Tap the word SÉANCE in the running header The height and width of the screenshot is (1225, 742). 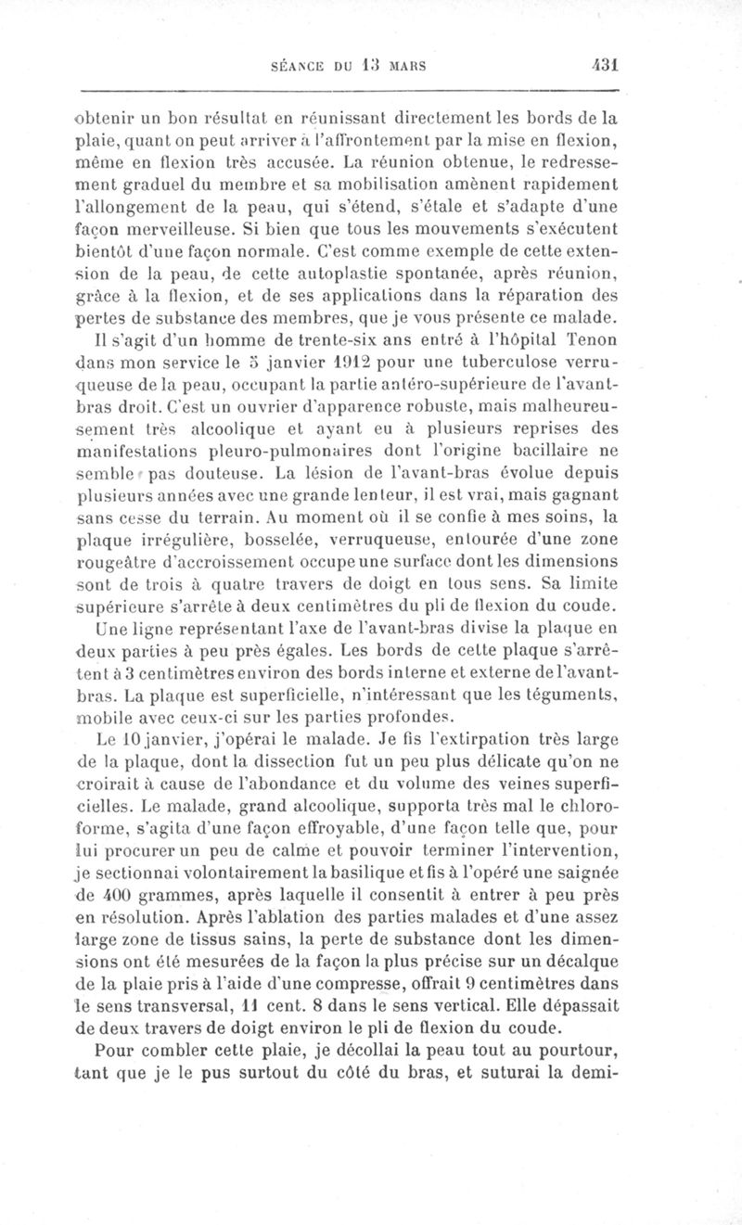click(x=295, y=67)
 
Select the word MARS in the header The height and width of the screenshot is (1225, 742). click(x=406, y=67)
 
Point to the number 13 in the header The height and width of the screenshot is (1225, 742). click(x=369, y=67)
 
